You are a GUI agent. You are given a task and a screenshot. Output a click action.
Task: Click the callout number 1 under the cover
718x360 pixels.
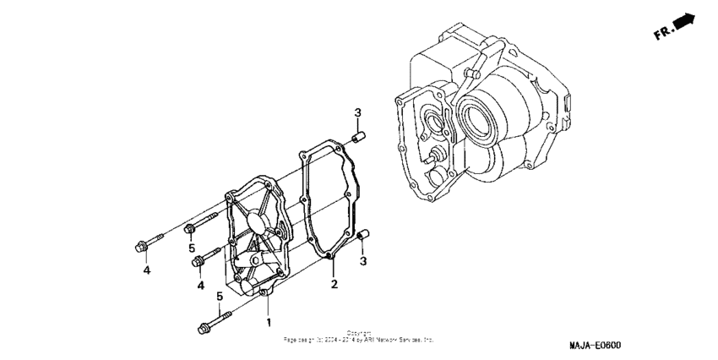point(269,322)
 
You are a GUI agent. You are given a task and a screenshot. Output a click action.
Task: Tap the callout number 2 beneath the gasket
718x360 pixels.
point(334,284)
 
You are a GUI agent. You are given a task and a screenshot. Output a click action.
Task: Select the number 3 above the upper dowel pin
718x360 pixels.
point(357,113)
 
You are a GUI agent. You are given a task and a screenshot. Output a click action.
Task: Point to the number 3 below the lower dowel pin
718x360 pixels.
point(364,262)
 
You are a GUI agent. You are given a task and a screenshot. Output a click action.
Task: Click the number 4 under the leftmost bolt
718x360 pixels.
point(146,270)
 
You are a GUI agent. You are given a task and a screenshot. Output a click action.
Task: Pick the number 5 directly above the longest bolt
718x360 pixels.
point(219,296)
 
